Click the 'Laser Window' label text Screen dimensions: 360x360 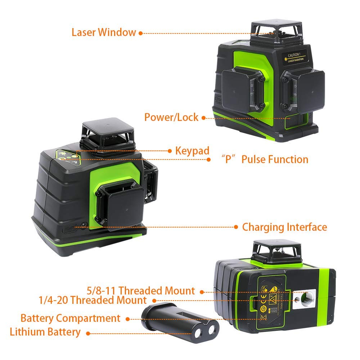point(104,32)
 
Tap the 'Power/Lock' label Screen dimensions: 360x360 point(171,117)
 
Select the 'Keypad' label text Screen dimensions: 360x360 point(192,150)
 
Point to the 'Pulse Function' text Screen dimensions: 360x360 point(275,159)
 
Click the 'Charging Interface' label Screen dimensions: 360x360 point(284,227)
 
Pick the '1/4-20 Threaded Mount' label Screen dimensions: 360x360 point(93,300)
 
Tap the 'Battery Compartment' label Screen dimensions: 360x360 point(70,318)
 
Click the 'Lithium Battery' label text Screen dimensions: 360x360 point(45,332)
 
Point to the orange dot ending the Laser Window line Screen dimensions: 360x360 point(141,33)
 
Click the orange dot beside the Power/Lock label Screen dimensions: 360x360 point(203,117)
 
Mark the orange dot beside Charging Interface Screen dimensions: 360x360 point(236,227)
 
